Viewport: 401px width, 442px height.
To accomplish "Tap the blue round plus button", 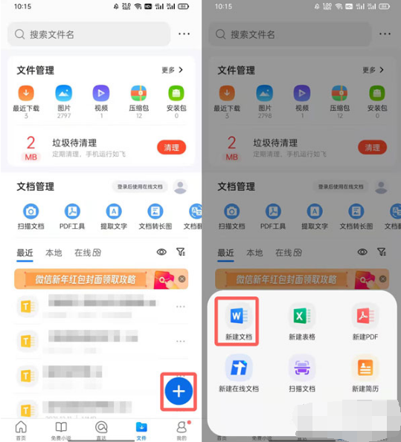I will [x=179, y=390].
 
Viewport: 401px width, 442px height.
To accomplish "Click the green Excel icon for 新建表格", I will [x=302, y=316].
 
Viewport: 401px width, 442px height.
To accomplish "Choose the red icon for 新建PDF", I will [x=365, y=316].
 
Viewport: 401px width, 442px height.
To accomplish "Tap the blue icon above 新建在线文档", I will [x=239, y=368].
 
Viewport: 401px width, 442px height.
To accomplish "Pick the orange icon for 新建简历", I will [x=365, y=368].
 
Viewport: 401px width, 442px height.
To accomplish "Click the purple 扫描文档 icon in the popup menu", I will [x=302, y=368].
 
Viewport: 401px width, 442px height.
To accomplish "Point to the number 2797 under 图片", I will [x=63, y=117].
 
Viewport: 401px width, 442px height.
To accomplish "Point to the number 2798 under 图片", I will [x=264, y=117].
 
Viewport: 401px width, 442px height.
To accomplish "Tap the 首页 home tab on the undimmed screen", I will [x=21, y=429].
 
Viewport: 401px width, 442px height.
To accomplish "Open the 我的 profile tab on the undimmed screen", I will [x=181, y=429].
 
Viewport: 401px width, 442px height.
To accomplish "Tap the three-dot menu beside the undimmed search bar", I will [x=184, y=34].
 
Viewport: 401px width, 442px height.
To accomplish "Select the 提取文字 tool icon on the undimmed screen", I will [x=114, y=212].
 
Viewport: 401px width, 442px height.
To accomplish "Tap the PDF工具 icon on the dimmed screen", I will [x=273, y=212].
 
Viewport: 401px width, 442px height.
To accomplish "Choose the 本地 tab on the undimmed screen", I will [x=54, y=253].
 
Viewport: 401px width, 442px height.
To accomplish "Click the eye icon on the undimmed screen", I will [x=161, y=253].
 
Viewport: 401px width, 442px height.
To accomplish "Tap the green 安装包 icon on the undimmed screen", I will [x=176, y=94].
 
